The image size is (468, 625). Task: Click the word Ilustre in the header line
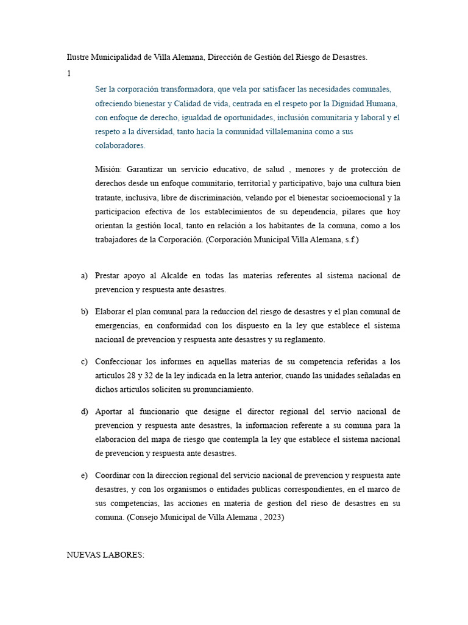[77, 57]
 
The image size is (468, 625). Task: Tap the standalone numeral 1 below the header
[69, 73]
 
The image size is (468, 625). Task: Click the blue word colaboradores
[120, 145]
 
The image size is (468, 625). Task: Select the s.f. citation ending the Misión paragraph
[350, 240]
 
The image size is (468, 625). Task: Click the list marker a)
[85, 276]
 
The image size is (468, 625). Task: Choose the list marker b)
[85, 311]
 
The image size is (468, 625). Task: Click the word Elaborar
[112, 311]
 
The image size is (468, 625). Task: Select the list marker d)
[85, 411]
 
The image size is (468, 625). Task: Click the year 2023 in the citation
[272, 517]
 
